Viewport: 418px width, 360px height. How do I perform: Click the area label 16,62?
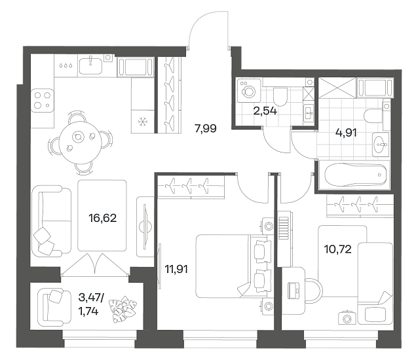click(103, 219)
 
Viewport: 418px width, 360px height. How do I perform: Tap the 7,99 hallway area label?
click(206, 129)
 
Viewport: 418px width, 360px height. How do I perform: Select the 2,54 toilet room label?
click(265, 111)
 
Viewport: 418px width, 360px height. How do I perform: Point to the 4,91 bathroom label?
click(346, 132)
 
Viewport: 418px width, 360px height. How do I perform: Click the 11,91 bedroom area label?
click(176, 270)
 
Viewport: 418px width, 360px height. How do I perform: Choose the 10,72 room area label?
click(337, 249)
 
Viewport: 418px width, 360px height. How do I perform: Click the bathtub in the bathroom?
click(356, 174)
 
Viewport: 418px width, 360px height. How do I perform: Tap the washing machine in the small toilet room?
click(248, 90)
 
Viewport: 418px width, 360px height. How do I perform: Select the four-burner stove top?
click(43, 100)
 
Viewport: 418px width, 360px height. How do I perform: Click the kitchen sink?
click(90, 65)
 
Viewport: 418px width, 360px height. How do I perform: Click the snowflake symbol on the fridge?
click(143, 122)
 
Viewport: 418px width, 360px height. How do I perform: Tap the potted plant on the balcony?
click(123, 310)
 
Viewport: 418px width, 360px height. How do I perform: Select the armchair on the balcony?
click(54, 307)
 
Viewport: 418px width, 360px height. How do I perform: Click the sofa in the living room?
click(51, 221)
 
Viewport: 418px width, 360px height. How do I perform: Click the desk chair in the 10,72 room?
click(314, 291)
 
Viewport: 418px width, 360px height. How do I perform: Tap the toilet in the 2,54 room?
click(280, 96)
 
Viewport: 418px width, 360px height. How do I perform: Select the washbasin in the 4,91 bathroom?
click(381, 144)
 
